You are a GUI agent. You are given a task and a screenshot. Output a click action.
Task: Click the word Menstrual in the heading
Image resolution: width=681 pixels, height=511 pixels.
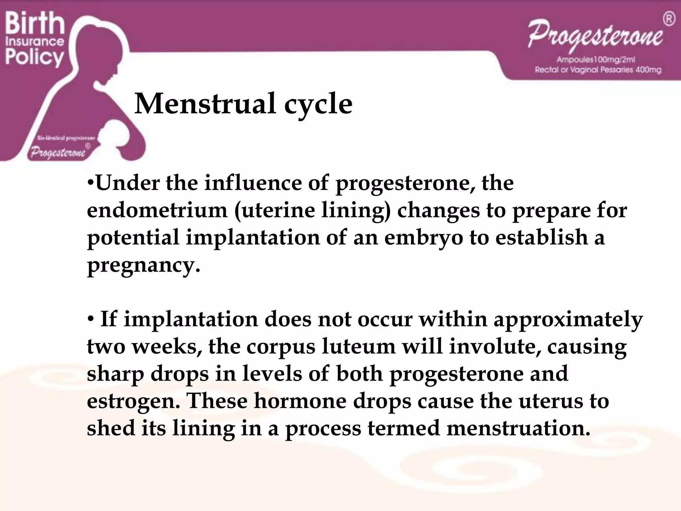pos(205,104)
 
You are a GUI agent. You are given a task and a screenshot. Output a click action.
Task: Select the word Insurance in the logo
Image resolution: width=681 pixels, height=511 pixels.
pos(35,41)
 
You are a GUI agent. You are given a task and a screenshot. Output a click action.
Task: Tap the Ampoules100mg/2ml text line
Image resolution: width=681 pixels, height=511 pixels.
pos(596,60)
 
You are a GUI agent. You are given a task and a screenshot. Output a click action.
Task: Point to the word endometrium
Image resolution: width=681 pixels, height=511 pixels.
pos(157,210)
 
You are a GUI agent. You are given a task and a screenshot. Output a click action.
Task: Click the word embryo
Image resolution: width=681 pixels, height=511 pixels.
pos(423,238)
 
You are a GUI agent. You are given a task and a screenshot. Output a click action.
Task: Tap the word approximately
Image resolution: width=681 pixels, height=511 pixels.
pos(568,319)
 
